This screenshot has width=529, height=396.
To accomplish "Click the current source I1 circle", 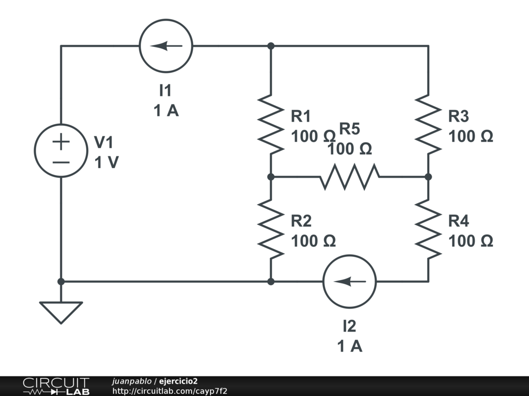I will coord(166,46).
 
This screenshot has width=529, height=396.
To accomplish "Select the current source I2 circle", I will coord(350,282).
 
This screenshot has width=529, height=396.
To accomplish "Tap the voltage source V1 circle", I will coord(61,151).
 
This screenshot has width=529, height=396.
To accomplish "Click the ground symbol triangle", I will coord(61,311).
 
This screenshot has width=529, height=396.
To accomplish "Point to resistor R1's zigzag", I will coord(271,124).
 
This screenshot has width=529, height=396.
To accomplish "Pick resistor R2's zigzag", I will coord(271,229).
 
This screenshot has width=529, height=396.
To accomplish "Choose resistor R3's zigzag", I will coord(428,124).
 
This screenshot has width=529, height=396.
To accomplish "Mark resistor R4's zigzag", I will coord(428,229).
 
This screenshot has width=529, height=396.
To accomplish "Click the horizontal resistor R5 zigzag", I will coord(350,176).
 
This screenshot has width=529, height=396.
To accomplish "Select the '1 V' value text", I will coord(106,162).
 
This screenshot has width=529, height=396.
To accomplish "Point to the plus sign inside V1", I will coord(61,141).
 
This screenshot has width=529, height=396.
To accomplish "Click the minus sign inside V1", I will coord(61,162).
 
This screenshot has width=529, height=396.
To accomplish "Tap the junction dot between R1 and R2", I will coord(271,176).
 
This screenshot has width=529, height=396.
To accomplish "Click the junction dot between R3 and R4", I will coord(428,176).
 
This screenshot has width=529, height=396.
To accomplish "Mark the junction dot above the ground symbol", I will coord(61,282).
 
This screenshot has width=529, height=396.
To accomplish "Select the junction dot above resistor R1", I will coord(271,46).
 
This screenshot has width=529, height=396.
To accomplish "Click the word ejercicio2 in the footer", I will coord(178,381).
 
